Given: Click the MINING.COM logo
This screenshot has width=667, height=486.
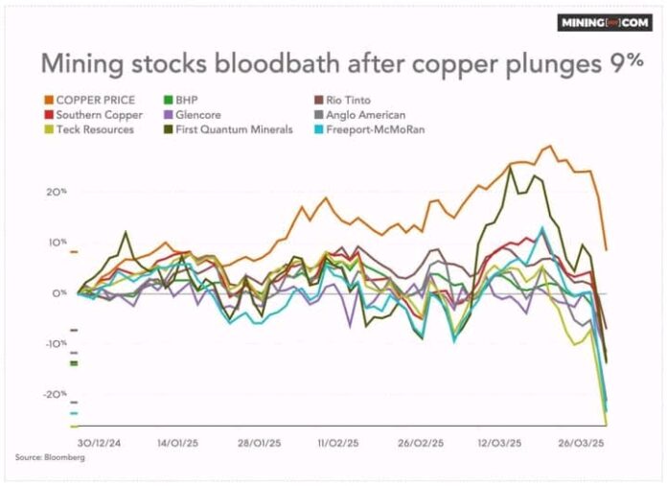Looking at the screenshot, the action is [605, 23].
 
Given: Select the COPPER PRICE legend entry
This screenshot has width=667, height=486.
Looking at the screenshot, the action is [90, 100].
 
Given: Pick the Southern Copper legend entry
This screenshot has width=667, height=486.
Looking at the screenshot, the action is [94, 115].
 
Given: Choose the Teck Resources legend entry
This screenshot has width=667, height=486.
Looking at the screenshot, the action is [89, 129].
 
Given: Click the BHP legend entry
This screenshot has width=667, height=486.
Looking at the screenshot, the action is [181, 100].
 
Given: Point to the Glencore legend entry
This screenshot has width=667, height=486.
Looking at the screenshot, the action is [193, 115].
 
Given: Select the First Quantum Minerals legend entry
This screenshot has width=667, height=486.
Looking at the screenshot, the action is [228, 129].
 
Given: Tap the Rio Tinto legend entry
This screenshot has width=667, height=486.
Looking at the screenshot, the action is [342, 100].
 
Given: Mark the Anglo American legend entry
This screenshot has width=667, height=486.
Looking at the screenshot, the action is [360, 115].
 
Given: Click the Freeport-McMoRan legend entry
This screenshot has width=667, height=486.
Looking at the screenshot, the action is [369, 129].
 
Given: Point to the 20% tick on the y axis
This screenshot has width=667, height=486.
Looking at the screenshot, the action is [57, 192].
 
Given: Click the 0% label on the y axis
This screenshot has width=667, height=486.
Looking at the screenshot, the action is [59, 293].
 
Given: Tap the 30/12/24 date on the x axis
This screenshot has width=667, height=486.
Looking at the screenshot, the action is [99, 443].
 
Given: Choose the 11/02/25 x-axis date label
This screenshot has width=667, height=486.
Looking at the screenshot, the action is [338, 443].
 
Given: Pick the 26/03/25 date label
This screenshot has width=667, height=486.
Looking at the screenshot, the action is [581, 443].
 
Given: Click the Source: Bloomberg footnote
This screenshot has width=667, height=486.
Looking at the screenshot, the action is [50, 457].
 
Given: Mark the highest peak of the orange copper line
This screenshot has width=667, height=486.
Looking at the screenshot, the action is [549, 147].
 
